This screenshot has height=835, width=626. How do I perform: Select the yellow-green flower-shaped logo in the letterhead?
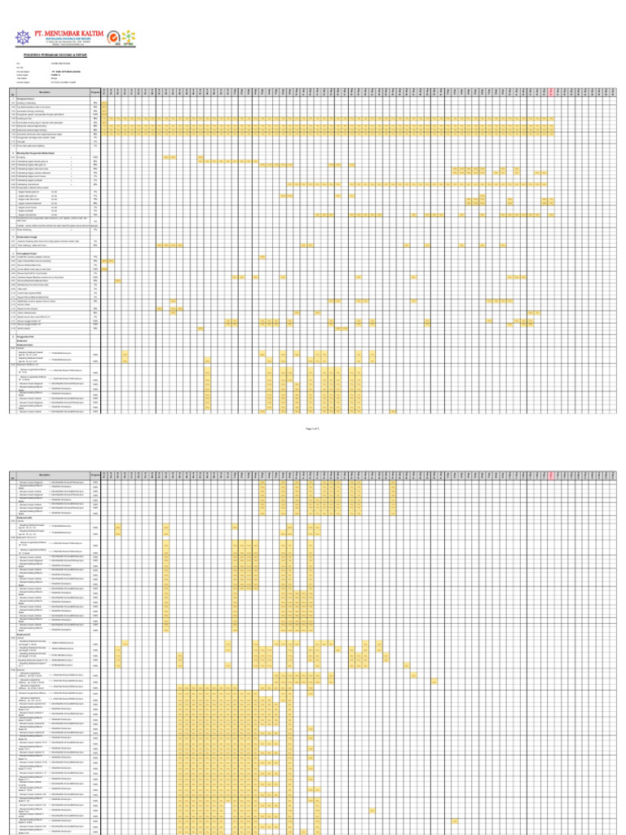129,36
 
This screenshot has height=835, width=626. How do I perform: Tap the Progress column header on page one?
95,91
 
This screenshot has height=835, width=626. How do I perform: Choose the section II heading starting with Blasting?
41,152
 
